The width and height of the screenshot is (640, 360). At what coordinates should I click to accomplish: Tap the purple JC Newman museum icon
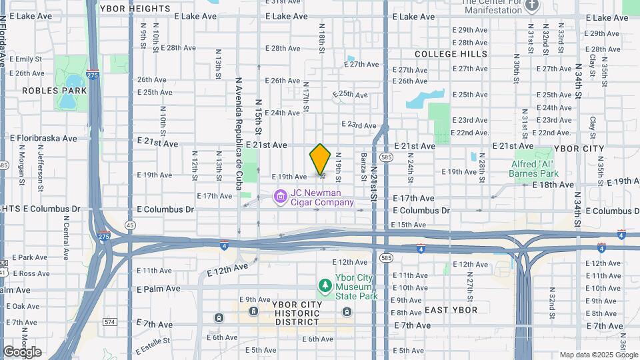click(x=281, y=196)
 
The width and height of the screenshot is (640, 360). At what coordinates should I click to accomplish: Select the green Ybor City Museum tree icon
click(x=325, y=285)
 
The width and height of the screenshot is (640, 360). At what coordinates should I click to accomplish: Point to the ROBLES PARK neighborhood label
click(x=45, y=90)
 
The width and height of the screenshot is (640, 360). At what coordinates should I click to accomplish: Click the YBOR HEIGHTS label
click(x=135, y=9)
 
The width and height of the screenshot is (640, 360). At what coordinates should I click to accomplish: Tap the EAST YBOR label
click(x=451, y=310)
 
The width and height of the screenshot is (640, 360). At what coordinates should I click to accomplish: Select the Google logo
click(x=22, y=351)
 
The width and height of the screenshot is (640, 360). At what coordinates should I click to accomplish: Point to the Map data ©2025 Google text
click(x=598, y=355)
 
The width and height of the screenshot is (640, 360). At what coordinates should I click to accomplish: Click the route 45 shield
click(x=130, y=225)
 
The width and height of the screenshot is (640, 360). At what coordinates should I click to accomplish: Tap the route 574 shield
click(x=110, y=322)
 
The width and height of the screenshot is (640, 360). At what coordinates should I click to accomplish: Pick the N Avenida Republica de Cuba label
click(x=238, y=133)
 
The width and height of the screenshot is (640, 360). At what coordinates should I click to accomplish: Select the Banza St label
click(x=364, y=165)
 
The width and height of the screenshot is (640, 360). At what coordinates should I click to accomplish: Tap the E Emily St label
click(x=26, y=59)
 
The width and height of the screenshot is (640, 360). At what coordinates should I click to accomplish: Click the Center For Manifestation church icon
click(x=531, y=6)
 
